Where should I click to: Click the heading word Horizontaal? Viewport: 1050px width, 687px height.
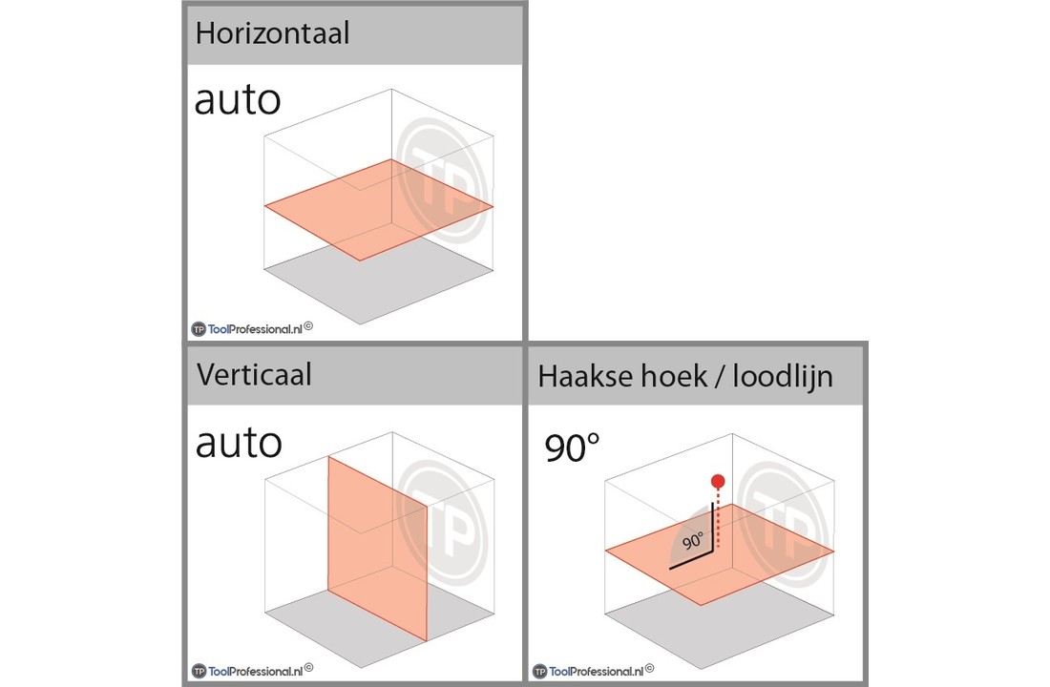(x=273, y=32)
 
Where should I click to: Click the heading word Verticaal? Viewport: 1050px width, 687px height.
(x=254, y=374)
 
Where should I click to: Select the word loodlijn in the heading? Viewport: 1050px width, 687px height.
(x=783, y=376)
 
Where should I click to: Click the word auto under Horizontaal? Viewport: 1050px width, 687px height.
(x=238, y=100)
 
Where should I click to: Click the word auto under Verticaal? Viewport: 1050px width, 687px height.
(x=239, y=444)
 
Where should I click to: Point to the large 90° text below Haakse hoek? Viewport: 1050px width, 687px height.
(x=572, y=448)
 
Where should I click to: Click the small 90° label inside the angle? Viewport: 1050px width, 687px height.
(x=693, y=541)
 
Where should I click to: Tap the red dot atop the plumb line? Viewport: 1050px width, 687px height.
(x=718, y=482)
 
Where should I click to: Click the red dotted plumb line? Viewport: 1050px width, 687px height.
(x=718, y=518)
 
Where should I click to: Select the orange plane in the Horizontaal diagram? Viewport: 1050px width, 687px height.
(x=378, y=210)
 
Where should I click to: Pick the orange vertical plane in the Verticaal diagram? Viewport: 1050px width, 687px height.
(x=377, y=549)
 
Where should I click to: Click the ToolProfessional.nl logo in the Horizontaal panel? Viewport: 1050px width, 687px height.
(x=252, y=328)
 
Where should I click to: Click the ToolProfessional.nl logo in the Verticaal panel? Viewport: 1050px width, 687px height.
(x=252, y=670)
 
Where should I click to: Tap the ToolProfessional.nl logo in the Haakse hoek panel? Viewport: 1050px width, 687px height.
(x=594, y=670)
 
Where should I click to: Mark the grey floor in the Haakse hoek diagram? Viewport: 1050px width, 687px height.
(x=720, y=624)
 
